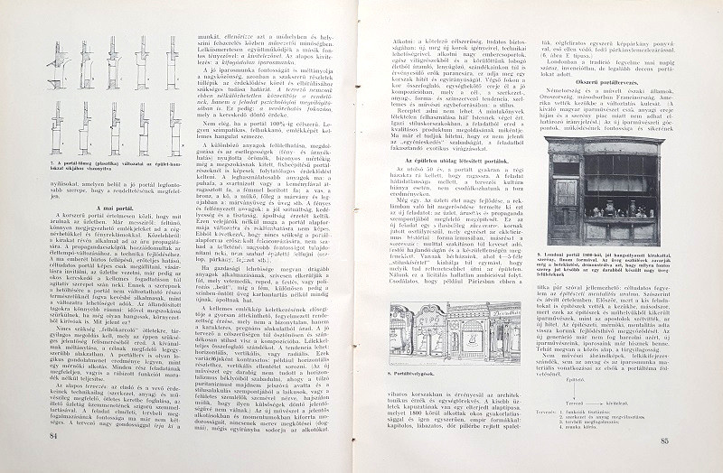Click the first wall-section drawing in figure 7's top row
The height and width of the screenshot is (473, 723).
click(x=55, y=63)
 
